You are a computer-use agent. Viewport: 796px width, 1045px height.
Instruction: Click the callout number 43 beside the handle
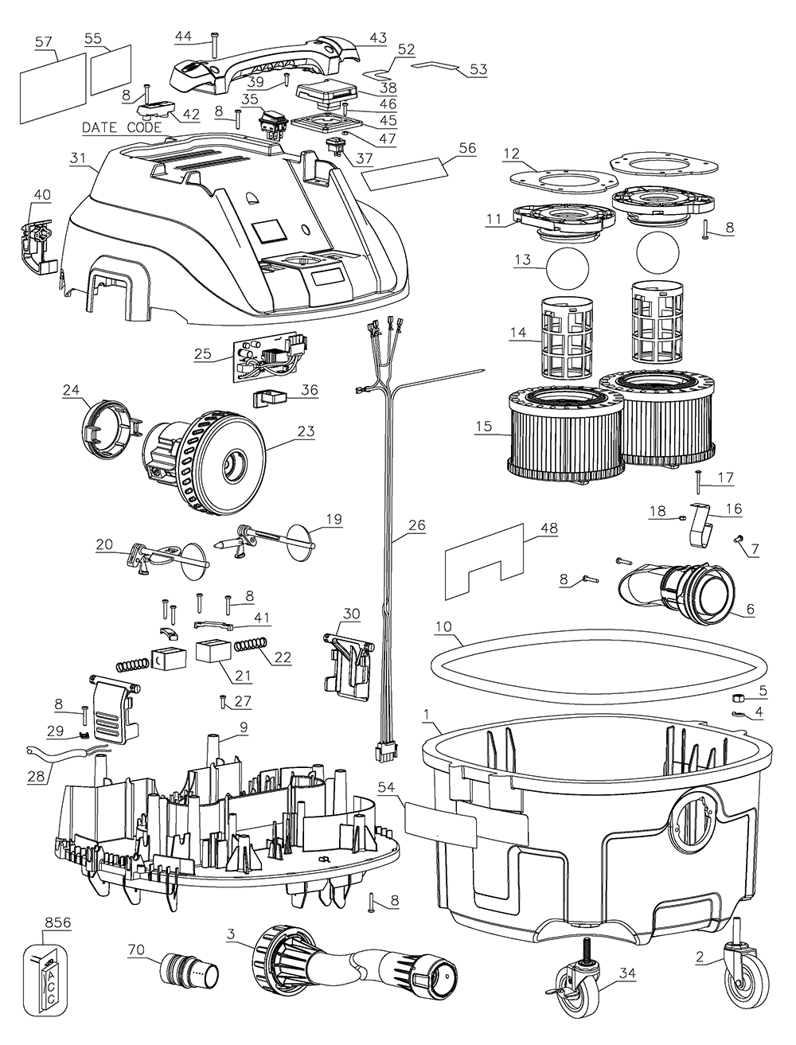click(377, 37)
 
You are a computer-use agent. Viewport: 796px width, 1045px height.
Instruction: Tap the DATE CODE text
click(122, 127)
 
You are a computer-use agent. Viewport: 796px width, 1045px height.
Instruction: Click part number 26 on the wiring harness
click(417, 525)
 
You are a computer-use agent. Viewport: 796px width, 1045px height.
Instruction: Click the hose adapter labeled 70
click(188, 972)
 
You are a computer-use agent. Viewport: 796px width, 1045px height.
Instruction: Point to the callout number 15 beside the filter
click(483, 427)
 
